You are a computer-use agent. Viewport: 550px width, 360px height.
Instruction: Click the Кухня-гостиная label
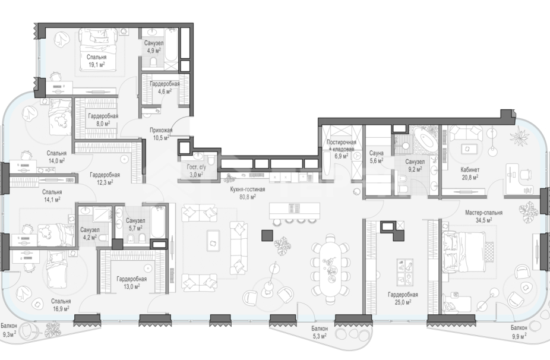pyautogui.click(x=247, y=190)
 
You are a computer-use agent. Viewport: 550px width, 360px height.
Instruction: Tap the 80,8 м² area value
pyautogui.click(x=247, y=197)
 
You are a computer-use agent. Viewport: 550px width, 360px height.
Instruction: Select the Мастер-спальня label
pyautogui.click(x=483, y=213)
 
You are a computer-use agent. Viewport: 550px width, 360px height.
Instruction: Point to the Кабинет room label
pyautogui.click(x=470, y=170)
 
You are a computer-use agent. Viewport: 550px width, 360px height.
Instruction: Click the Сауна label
pyautogui.click(x=376, y=153)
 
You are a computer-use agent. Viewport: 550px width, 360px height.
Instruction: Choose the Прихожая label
pyautogui.click(x=161, y=130)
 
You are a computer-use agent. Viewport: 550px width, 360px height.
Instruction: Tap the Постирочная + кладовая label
pyautogui.click(x=341, y=146)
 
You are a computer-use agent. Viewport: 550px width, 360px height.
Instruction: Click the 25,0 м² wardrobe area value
pyautogui.click(x=403, y=302)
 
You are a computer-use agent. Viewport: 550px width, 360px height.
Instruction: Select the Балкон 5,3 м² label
pyautogui.click(x=320, y=332)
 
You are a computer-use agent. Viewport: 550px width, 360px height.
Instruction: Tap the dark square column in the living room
pyautogui.click(x=267, y=235)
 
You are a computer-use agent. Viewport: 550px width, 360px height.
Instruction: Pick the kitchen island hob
pyautogui.click(x=294, y=209)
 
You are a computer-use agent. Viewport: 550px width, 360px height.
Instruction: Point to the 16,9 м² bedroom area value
pyautogui.click(x=61, y=308)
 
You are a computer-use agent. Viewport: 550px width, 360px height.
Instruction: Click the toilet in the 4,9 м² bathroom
pyautogui.click(x=153, y=62)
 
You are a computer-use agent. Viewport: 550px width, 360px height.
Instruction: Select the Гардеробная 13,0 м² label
pyautogui.click(x=131, y=282)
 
